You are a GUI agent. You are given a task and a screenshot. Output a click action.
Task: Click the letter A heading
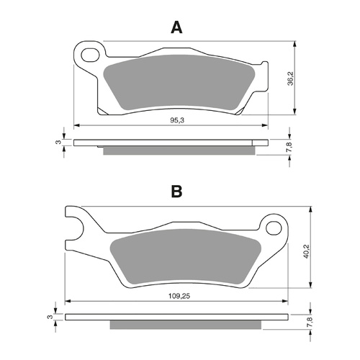176,27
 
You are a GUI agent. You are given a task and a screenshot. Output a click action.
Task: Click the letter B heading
176,192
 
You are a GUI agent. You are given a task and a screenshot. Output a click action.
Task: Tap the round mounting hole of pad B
274,228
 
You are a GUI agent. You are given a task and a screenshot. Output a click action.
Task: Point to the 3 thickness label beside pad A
57,142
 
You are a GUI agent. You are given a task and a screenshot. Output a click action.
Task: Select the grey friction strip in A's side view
180,150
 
